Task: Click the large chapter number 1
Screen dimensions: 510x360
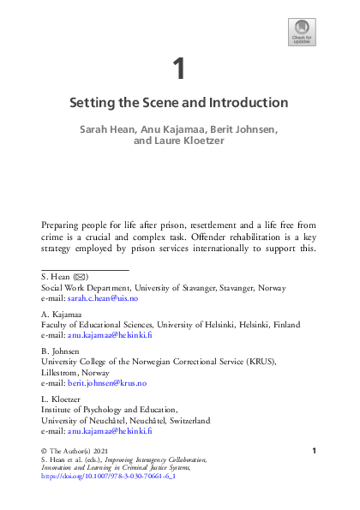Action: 178,68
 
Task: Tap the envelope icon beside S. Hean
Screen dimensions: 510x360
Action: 80,279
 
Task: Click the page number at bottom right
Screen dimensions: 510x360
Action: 315,451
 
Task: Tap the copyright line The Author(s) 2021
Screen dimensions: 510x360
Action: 78,451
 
